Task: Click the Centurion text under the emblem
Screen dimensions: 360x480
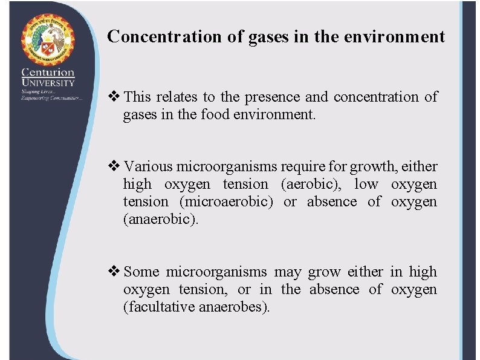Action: tap(48, 73)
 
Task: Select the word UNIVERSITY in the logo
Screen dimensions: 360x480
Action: tap(48, 83)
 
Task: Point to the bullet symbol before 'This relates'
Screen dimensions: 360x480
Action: tap(114, 97)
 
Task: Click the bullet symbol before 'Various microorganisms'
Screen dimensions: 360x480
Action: tap(114, 166)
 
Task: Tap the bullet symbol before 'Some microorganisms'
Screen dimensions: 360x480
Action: tap(114, 272)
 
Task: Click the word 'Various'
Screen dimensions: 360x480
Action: tap(148, 166)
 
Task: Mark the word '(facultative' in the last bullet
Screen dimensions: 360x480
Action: tap(158, 307)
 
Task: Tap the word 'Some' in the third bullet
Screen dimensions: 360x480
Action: tap(141, 272)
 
